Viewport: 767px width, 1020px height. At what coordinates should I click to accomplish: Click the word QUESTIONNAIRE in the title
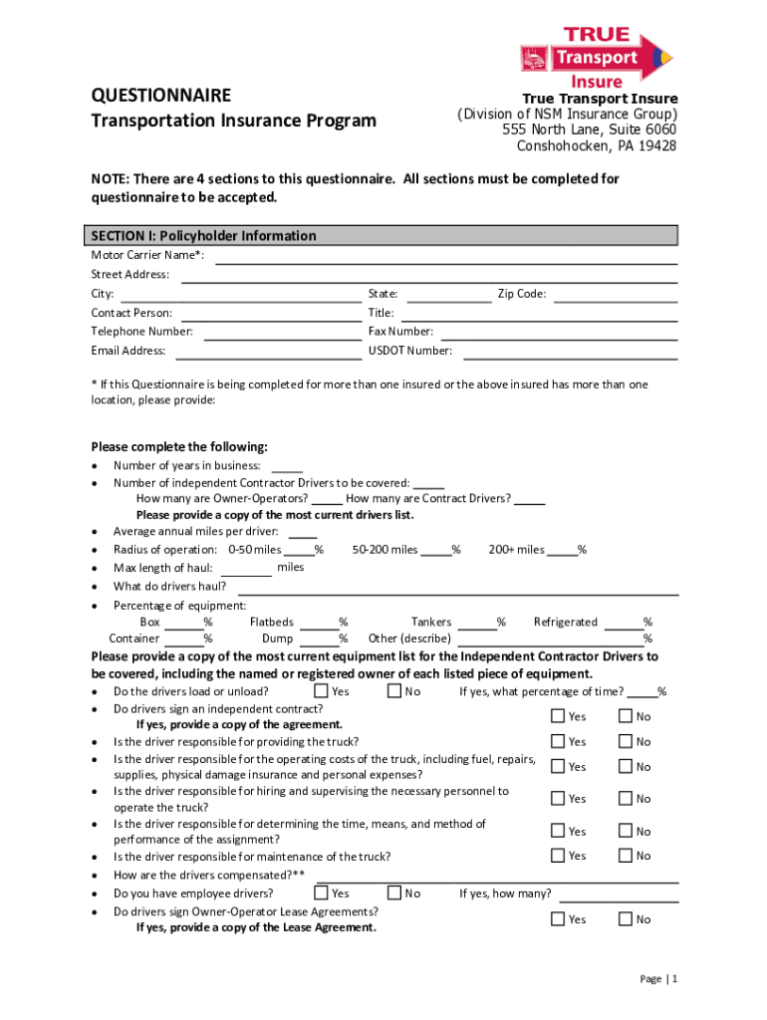(x=161, y=96)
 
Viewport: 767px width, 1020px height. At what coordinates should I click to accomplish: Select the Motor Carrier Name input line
(x=446, y=257)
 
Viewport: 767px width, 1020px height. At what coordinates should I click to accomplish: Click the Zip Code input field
(x=615, y=295)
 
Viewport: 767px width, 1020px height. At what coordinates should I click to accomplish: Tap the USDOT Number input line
(x=570, y=352)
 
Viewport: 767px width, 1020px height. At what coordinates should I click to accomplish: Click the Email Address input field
(x=268, y=352)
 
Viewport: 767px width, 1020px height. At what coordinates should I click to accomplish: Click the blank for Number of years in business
(x=287, y=466)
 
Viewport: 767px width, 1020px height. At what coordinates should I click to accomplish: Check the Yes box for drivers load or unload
(x=321, y=691)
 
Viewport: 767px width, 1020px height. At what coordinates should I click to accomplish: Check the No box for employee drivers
(x=394, y=893)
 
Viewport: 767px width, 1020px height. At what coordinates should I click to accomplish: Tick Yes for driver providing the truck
(x=558, y=741)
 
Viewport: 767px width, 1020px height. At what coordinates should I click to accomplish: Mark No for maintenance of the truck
(x=626, y=856)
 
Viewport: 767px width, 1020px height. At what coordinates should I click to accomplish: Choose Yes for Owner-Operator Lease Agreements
(x=558, y=919)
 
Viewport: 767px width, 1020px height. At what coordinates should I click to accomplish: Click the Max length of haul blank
(x=246, y=569)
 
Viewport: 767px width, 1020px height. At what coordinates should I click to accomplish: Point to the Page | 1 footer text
(x=658, y=979)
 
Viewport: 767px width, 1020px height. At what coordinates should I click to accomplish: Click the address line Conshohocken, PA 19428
(x=596, y=146)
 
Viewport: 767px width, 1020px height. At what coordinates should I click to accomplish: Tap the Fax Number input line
(x=559, y=333)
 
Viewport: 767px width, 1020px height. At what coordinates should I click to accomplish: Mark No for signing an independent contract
(x=626, y=716)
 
